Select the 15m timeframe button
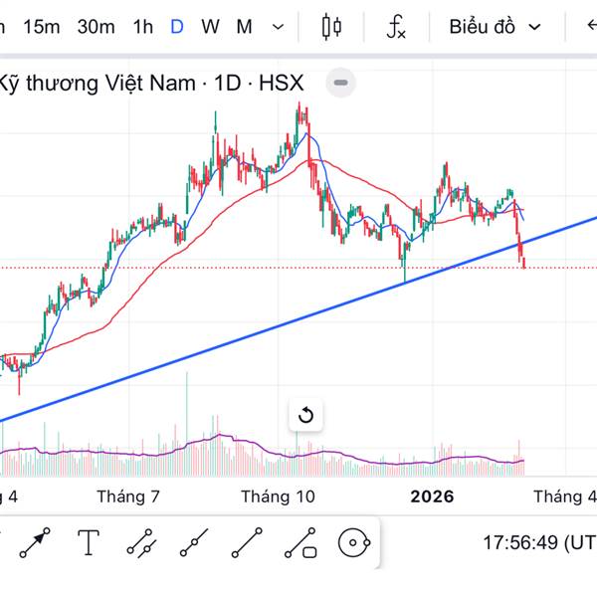(41, 27)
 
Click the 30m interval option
(96, 27)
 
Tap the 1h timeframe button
(143, 27)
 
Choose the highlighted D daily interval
(177, 27)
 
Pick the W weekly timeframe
(210, 27)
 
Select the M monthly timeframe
(244, 27)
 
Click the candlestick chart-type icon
(332, 27)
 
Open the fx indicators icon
(396, 27)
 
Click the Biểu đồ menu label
(482, 27)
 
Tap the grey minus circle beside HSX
(340, 83)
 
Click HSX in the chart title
(281, 84)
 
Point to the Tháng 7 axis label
(128, 497)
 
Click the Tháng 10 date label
(278, 497)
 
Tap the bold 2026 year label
(432, 497)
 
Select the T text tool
(90, 542)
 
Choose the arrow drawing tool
(36, 543)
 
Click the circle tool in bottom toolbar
(354, 543)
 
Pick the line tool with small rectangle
(300, 543)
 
